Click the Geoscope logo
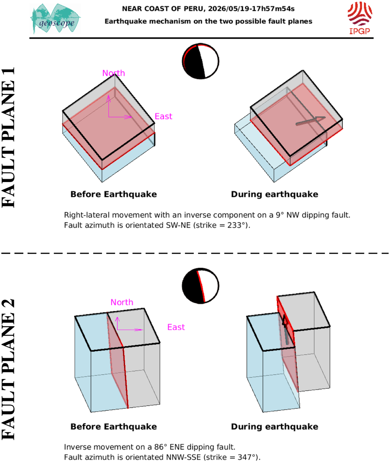pos(55,19)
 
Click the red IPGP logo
pos(360,18)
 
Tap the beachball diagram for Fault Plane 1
pos(201,61)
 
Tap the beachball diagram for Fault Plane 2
pos(201,286)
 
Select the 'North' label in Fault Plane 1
pos(114,73)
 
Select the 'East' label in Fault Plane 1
pos(164,116)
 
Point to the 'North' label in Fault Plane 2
pos(122,302)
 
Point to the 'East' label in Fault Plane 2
pos(176,327)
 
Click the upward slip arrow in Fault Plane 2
pos(286,330)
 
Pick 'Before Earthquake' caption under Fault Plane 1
pos(114,194)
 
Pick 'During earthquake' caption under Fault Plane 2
pos(275,427)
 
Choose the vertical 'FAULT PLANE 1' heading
pos(8,137)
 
